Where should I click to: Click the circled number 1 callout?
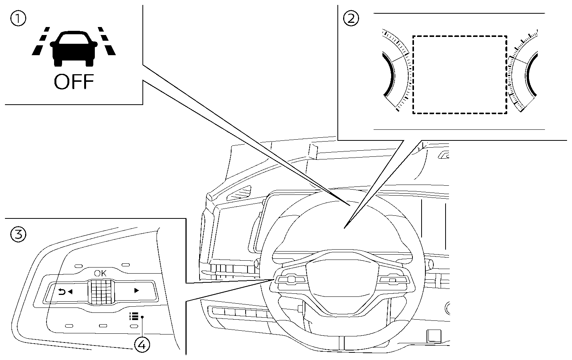click(x=18, y=19)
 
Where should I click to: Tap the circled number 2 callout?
click(x=351, y=18)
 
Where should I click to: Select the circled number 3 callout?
click(x=18, y=234)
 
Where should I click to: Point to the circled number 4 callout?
click(x=142, y=345)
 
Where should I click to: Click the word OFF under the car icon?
click(x=73, y=82)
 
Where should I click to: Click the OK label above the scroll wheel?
click(x=101, y=273)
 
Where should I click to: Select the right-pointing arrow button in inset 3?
click(x=136, y=291)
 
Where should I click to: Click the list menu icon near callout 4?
click(x=133, y=316)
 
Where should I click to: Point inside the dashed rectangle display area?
click(x=460, y=75)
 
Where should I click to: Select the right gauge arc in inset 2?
click(x=532, y=75)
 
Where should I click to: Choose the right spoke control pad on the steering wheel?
click(x=393, y=280)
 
